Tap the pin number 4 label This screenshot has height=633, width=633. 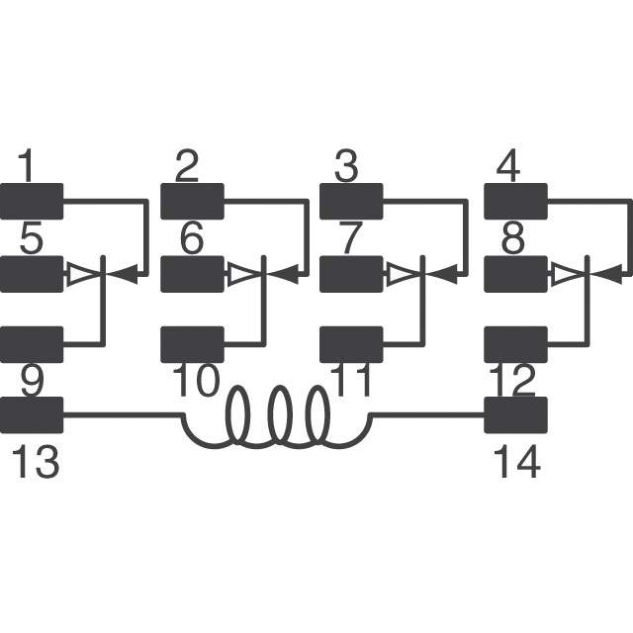[x=507, y=165]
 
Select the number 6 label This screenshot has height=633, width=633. [x=191, y=238]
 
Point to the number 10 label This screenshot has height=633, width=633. [x=196, y=380]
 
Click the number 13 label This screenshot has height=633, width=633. [x=36, y=462]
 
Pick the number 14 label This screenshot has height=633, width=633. [x=516, y=462]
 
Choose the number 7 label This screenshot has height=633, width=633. [x=349, y=238]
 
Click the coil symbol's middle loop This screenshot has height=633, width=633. [x=281, y=415]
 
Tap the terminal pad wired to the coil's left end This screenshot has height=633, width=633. [x=32, y=415]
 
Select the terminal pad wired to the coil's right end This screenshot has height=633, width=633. [x=516, y=415]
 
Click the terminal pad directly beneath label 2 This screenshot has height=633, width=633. [x=192, y=202]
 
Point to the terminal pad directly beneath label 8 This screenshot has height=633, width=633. [x=516, y=274]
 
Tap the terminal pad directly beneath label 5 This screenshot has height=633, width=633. [x=32, y=274]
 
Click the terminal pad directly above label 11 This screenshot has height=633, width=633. [x=351, y=344]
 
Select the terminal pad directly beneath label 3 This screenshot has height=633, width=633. [x=351, y=202]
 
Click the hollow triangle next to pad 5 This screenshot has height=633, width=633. [x=83, y=275]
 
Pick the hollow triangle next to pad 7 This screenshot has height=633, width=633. [x=403, y=275]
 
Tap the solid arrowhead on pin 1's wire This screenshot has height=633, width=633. [x=123, y=275]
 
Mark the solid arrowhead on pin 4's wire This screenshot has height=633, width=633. [x=606, y=275]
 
